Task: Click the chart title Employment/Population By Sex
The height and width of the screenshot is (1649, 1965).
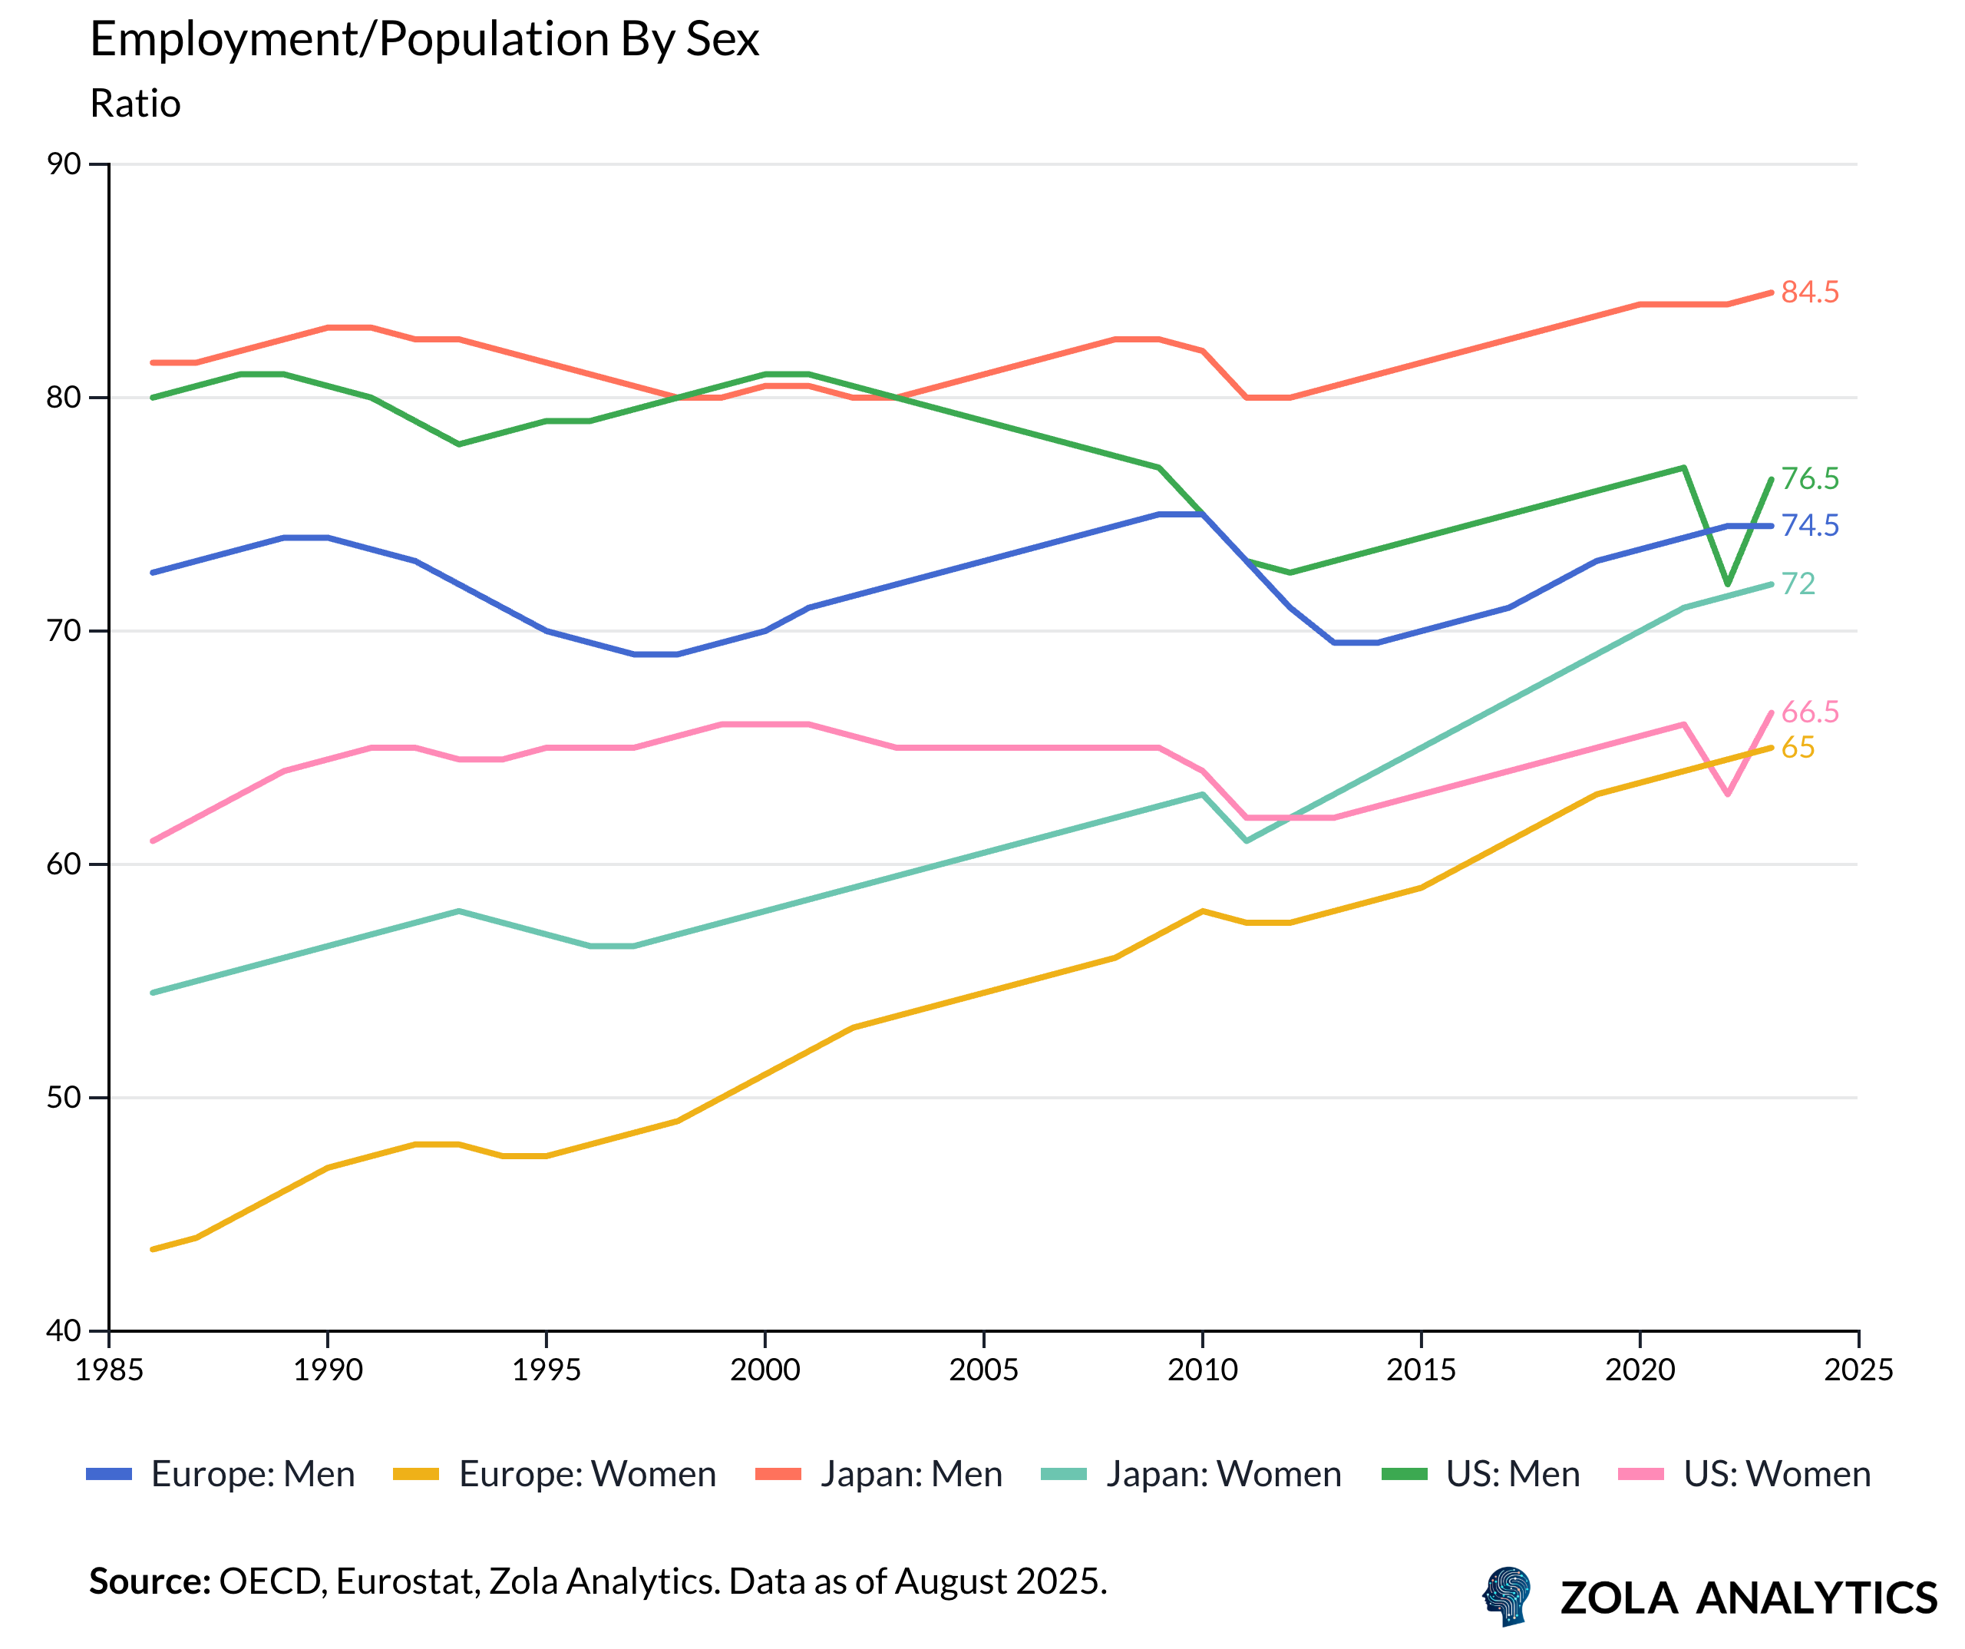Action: coord(424,40)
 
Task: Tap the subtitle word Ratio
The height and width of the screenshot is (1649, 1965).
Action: coord(135,104)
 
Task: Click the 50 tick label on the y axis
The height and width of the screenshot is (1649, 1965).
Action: coord(64,1097)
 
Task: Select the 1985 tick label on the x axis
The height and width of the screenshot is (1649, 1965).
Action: coord(110,1370)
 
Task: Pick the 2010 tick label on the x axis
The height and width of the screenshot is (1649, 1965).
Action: coord(1202,1370)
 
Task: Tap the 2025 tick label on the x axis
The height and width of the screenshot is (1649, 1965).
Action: coord(1858,1370)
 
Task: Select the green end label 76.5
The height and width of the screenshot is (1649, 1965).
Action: coord(1810,478)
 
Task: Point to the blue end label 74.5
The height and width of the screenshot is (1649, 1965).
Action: coord(1810,525)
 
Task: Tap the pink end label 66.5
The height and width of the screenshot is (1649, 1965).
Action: coord(1810,712)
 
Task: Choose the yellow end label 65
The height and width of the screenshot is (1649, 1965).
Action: coord(1798,747)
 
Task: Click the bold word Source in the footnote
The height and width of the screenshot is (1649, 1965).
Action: coord(150,1581)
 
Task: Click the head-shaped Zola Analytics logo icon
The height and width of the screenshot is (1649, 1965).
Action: coord(1508,1596)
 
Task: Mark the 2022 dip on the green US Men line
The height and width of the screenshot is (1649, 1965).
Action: coord(1727,584)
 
